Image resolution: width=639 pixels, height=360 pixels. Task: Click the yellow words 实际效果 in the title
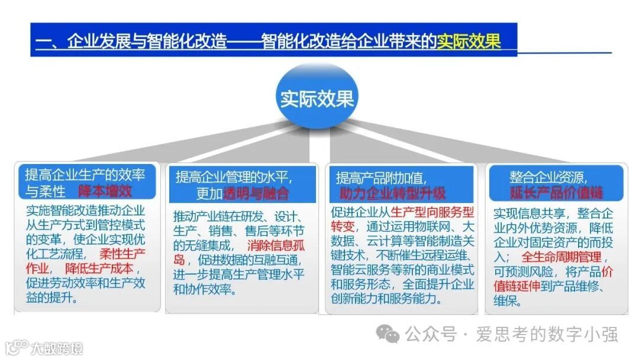click(x=469, y=41)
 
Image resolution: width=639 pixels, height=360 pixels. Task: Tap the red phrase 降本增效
click(x=105, y=191)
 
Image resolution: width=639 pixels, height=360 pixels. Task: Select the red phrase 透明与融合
click(x=256, y=193)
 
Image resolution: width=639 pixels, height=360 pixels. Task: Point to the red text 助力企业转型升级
click(x=392, y=193)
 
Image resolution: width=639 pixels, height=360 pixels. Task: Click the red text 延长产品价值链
click(x=556, y=192)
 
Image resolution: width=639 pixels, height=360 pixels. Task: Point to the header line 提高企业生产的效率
click(x=85, y=175)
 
